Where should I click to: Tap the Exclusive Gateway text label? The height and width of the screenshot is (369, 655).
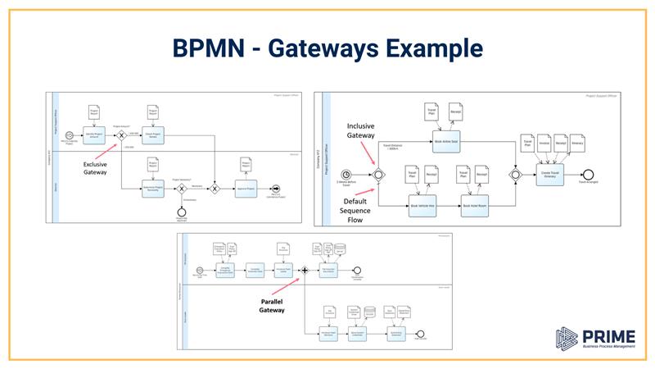click(x=99, y=168)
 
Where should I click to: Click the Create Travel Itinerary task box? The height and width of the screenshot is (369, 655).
click(x=550, y=174)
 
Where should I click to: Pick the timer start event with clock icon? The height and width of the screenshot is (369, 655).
click(x=349, y=174)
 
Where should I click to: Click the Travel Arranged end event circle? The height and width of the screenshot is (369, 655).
click(x=586, y=174)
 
